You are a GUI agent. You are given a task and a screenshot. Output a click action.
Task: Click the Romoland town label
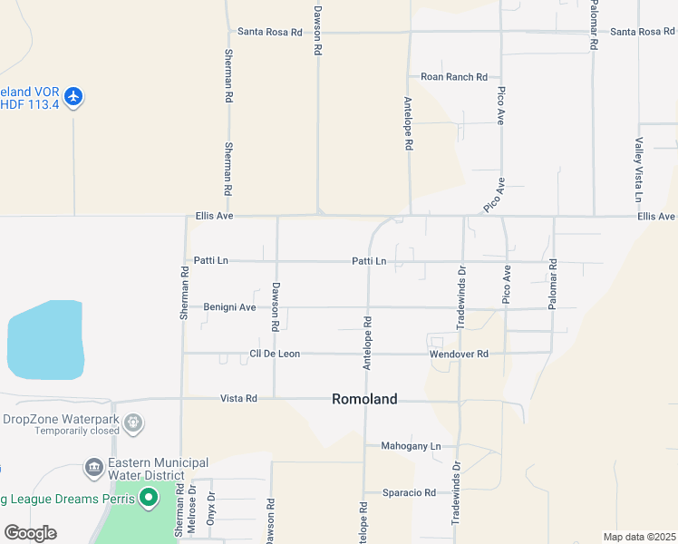coord(364,399)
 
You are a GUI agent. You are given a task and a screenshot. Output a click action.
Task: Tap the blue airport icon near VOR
coord(73,96)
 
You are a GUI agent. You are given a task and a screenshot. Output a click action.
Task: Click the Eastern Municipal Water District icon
coord(93,468)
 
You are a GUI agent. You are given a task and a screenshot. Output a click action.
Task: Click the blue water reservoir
coord(44,341)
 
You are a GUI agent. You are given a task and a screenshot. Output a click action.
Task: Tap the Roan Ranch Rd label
coord(454,77)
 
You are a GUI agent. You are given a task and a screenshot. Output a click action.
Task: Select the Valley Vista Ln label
coord(639,170)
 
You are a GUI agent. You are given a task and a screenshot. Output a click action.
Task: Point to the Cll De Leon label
coord(275,354)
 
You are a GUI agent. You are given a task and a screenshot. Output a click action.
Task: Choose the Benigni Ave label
coord(229,307)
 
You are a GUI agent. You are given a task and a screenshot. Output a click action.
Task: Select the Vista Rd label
coord(239,398)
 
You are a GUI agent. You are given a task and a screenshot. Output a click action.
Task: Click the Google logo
coord(30,533)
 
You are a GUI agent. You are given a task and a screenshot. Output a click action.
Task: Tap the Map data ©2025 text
coord(640,537)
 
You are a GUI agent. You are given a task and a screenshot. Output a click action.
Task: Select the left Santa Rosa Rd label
coord(269,32)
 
